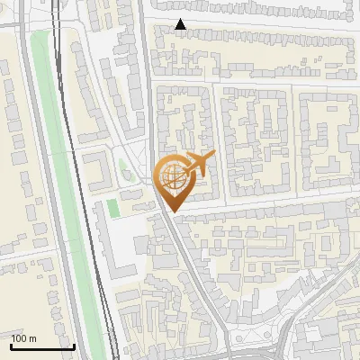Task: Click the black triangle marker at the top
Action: point(181,24)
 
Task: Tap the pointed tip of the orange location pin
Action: point(172,211)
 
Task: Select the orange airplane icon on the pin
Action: point(200,164)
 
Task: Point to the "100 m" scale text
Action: point(23,338)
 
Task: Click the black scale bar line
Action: point(41,346)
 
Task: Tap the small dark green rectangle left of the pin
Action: point(112,206)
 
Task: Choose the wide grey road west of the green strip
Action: point(27,135)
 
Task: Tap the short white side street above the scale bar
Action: point(22,266)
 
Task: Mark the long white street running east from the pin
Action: point(270,205)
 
